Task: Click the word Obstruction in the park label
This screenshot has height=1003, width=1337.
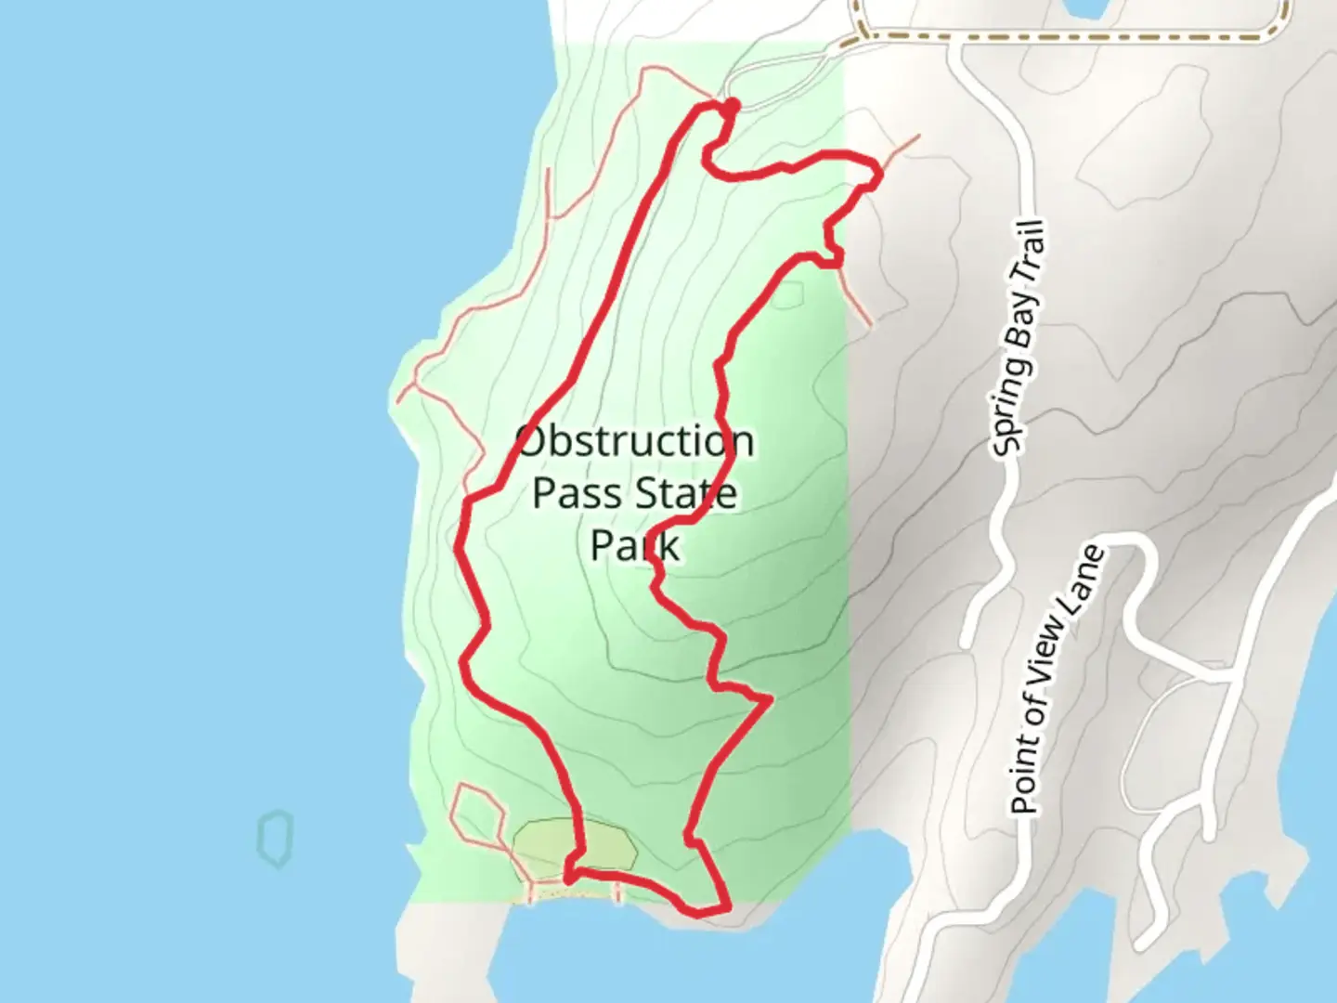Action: (635, 441)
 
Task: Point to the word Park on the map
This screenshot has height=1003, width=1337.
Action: (635, 545)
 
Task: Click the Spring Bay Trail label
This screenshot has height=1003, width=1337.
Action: (1019, 339)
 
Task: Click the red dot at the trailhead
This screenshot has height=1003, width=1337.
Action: (732, 105)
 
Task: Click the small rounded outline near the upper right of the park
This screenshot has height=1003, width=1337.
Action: (787, 295)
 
